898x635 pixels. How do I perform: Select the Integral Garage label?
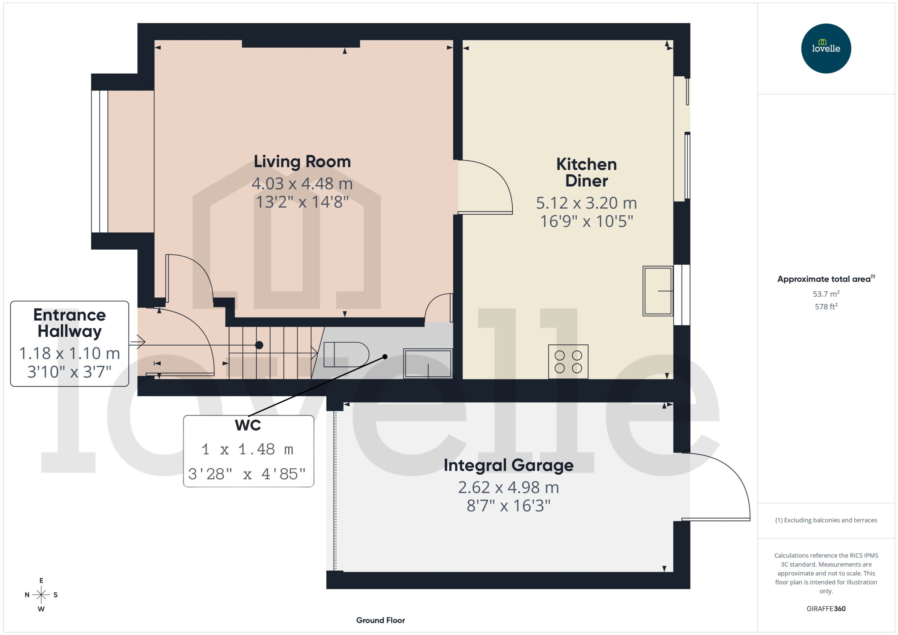[508, 465]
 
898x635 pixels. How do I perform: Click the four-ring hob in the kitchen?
[568, 361]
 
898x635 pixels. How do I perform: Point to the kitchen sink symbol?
[658, 291]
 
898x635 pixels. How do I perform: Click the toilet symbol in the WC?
[346, 354]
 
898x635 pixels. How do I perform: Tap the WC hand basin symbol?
[428, 364]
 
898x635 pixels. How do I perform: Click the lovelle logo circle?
[826, 48]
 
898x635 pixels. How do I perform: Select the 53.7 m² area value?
[826, 294]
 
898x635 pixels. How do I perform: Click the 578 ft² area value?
[826, 307]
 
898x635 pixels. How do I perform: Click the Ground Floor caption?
[380, 620]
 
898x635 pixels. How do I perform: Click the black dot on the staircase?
[259, 345]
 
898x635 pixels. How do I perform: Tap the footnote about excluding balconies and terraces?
[826, 520]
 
